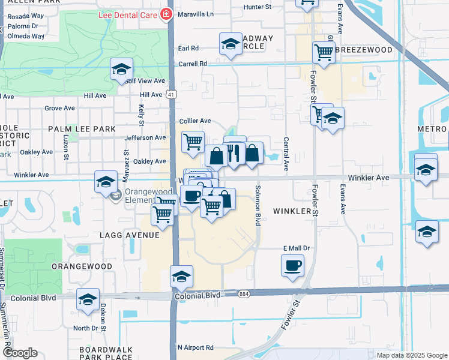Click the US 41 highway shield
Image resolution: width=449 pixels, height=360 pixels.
click(172, 94)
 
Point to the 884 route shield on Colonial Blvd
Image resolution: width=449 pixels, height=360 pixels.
click(244, 294)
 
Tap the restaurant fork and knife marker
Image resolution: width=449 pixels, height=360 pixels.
click(235, 154)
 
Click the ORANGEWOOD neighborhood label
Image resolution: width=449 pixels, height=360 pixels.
click(82, 266)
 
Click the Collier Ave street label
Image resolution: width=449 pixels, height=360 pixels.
click(196, 121)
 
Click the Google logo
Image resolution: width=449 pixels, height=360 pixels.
click(20, 353)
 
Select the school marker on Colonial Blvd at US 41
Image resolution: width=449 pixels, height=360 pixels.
click(181, 277)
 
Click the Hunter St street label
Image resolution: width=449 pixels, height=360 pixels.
click(258, 7)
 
